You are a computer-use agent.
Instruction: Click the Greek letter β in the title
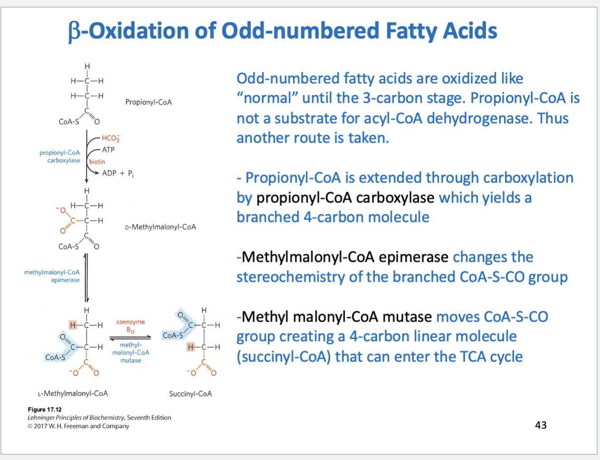tap(74, 31)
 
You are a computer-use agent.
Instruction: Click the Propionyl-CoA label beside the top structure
tap(149, 102)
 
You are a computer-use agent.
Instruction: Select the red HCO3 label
tap(111, 138)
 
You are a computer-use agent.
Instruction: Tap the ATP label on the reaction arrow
tap(108, 150)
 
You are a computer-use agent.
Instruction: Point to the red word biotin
tap(97, 162)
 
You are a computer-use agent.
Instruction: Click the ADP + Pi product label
tap(118, 174)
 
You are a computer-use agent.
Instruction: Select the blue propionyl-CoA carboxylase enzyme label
tap(60, 156)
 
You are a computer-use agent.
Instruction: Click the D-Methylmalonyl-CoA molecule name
tap(160, 227)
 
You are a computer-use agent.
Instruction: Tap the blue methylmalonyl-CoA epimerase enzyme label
tap(52, 276)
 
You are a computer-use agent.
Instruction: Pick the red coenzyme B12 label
tap(131, 326)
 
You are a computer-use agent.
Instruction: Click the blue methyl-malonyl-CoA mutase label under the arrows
tap(131, 352)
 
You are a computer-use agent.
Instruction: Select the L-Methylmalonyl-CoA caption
tap(73, 394)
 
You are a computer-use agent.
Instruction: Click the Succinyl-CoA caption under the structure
tap(190, 394)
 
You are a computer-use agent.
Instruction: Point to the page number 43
tap(541, 425)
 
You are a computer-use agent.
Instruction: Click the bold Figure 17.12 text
tap(45, 410)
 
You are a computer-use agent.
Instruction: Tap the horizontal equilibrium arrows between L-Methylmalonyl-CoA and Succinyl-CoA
tap(131, 338)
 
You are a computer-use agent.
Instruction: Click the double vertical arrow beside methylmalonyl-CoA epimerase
tap(86, 278)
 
